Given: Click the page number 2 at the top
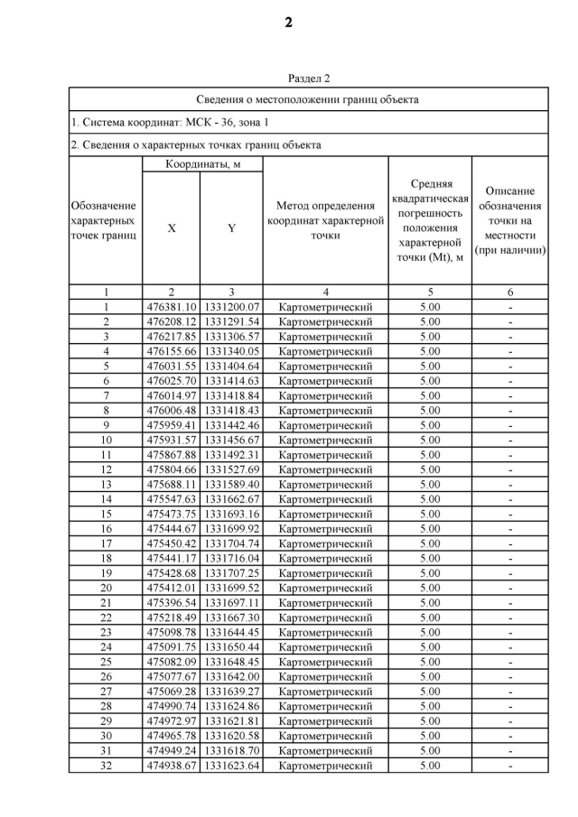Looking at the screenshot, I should [289, 23].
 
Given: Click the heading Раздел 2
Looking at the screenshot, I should [309, 79].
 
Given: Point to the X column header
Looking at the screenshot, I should [172, 228].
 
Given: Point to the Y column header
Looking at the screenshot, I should [231, 228].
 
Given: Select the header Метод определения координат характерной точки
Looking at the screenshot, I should [325, 221].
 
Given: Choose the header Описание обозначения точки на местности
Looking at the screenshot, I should [510, 221].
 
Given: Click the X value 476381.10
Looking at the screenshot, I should [172, 307].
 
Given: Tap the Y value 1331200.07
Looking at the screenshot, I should [231, 307].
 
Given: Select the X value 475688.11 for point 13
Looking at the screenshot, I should [172, 485].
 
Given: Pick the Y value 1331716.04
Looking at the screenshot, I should [231, 559].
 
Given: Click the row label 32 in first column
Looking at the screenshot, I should [106, 766].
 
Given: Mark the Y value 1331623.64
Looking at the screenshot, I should [231, 766].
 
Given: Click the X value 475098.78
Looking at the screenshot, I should [172, 633].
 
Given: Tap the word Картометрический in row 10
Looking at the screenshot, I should [325, 441].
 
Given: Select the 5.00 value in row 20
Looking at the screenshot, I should [430, 589].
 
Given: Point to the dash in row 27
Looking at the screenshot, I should [510, 692].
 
